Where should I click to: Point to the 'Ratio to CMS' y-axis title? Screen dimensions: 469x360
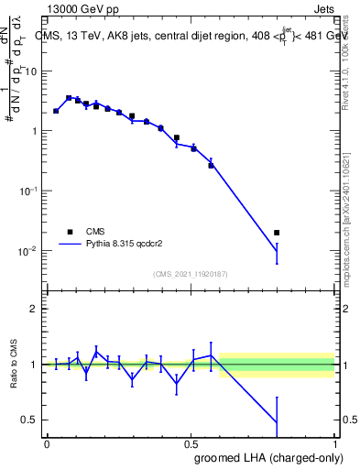point(15,364)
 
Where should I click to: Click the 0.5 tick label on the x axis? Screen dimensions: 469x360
point(191,442)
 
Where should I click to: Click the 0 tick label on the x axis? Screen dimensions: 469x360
point(47,442)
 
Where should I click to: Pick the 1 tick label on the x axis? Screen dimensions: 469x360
point(335,442)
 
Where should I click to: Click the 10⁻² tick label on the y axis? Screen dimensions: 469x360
point(29,250)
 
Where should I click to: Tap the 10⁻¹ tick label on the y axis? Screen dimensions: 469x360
point(29,191)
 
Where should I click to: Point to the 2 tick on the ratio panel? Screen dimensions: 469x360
point(35,309)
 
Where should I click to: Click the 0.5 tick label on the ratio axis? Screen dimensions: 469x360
point(31,420)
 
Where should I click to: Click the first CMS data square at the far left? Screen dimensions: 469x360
point(56,111)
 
